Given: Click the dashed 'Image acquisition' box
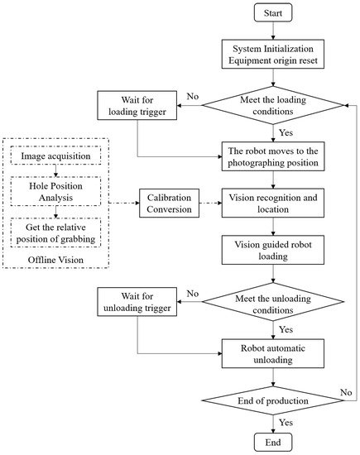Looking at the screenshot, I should click(55, 156).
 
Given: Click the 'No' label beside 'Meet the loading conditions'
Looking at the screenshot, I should click(194, 96).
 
